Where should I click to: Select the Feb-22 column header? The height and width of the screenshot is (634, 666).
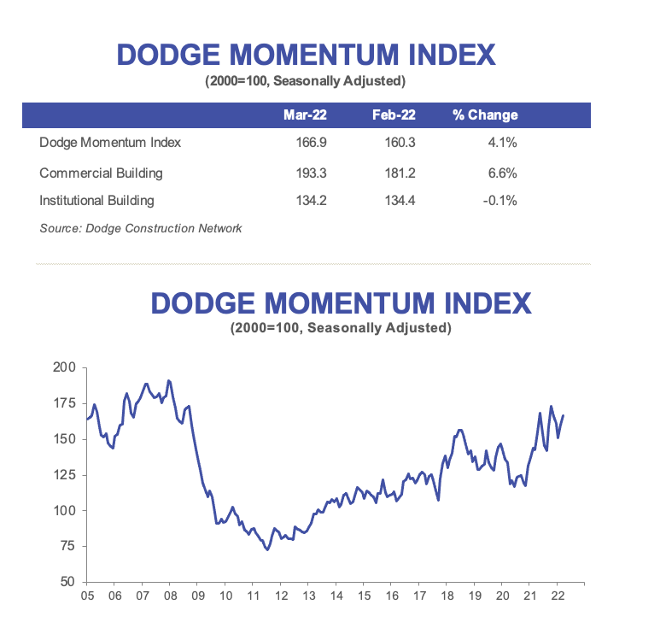tap(394, 115)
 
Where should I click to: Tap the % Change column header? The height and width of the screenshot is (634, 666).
tap(485, 115)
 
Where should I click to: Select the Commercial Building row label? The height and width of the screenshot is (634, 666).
tap(101, 173)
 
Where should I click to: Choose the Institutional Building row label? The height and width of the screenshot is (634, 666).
tap(96, 201)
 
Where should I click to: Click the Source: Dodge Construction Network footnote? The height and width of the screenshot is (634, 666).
tap(141, 228)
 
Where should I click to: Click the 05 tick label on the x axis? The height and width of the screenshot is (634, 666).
tap(87, 596)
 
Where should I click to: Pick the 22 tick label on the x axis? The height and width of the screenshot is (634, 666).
tap(557, 596)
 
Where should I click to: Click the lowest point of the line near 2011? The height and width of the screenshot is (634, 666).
tap(267, 549)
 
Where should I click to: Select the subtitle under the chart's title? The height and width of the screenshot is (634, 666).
tap(341, 328)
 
